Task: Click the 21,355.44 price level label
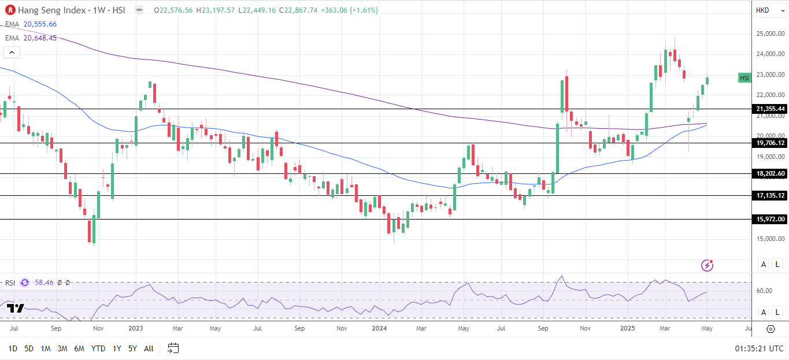770,109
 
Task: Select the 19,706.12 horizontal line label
770,143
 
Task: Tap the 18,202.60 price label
770,173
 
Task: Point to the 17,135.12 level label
770,196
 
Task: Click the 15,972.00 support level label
770,219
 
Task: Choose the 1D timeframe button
13,348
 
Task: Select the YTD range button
98,348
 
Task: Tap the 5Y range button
132,348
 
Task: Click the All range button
149,348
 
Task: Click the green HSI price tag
744,78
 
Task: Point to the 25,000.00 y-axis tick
770,34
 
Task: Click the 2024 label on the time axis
379,328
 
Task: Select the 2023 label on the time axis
135,328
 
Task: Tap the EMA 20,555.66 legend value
40,24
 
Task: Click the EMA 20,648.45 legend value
40,38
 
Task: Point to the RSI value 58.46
45,283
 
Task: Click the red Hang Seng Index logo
10,10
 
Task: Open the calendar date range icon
173,348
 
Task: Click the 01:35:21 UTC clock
759,348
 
